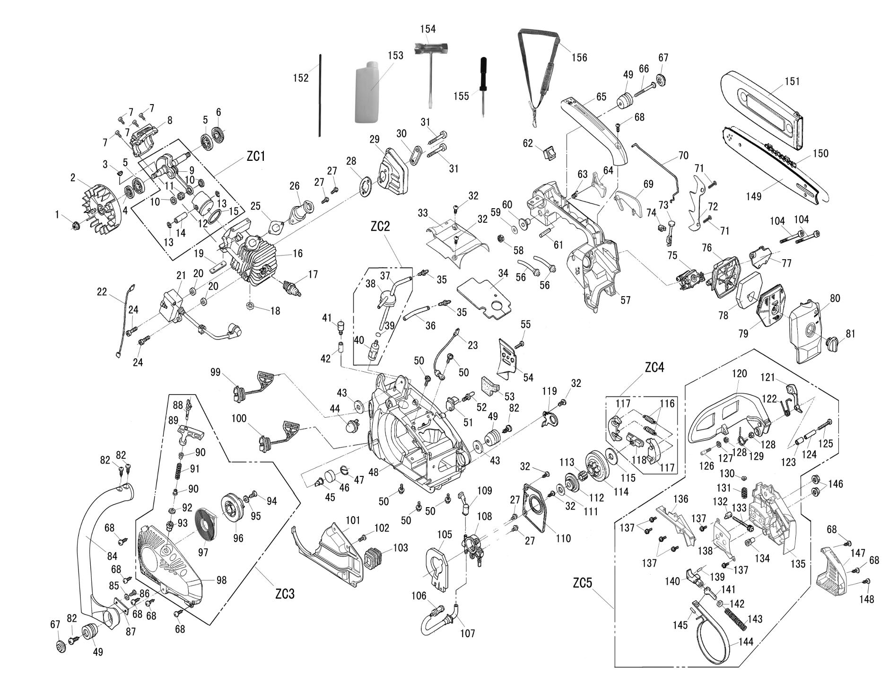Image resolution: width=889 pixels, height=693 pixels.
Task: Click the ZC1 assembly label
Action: coord(256,157)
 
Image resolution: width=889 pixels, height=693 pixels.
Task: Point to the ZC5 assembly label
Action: coord(582,583)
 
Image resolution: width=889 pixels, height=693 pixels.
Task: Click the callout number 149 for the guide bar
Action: coord(754,195)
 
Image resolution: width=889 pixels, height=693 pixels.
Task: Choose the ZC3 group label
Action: coord(285,593)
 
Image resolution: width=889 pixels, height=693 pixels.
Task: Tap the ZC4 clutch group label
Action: coord(654,367)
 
